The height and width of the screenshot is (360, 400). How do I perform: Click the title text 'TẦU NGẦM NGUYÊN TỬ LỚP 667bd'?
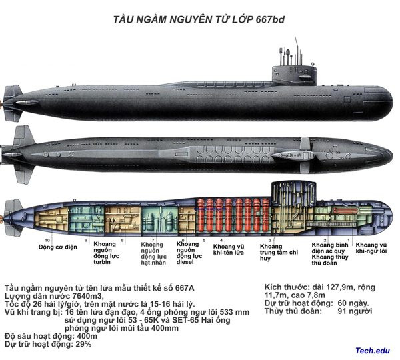(201, 19)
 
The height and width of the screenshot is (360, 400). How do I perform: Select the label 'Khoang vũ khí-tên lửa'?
(228, 250)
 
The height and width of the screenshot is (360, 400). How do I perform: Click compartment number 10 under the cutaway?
(47, 239)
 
